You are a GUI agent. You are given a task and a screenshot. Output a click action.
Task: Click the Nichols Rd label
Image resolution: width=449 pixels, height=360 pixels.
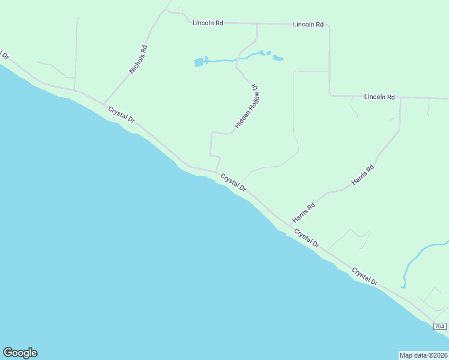[x=138, y=59]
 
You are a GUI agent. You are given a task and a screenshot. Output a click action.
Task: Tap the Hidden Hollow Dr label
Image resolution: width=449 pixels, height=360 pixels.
[x=247, y=106]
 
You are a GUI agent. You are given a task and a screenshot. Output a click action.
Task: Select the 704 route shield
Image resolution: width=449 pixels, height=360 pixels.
[x=440, y=326]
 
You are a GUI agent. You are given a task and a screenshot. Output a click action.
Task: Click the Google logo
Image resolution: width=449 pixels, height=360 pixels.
[x=20, y=353]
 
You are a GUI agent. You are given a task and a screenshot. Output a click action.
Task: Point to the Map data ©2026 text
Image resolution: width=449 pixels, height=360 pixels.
[x=423, y=355]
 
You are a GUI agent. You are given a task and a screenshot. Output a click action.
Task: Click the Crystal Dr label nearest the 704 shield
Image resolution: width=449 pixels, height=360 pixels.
[x=364, y=276]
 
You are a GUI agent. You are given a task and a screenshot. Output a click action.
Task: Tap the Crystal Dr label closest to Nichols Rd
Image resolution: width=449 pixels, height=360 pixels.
[x=121, y=115]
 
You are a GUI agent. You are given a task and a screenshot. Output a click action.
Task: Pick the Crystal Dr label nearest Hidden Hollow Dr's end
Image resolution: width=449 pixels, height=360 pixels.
[x=233, y=182]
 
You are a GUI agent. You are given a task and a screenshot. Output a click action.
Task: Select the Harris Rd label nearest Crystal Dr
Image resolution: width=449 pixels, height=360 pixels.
[x=304, y=214]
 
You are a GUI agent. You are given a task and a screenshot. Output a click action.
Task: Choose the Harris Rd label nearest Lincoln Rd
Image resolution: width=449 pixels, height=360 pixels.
[x=363, y=174]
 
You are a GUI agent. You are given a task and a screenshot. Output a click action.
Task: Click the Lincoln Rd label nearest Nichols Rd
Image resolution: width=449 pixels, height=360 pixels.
[x=208, y=23]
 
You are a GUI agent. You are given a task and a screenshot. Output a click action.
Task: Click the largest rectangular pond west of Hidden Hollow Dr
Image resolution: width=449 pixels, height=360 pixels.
[x=199, y=61]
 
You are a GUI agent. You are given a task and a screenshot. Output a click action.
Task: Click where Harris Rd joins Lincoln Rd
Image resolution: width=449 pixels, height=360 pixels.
[x=400, y=98]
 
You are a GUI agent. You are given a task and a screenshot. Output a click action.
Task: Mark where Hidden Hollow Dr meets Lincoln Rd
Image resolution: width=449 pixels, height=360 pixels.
[x=257, y=24]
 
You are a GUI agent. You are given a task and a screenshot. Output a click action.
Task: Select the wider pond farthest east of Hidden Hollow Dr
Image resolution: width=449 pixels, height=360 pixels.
[x=278, y=58]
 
